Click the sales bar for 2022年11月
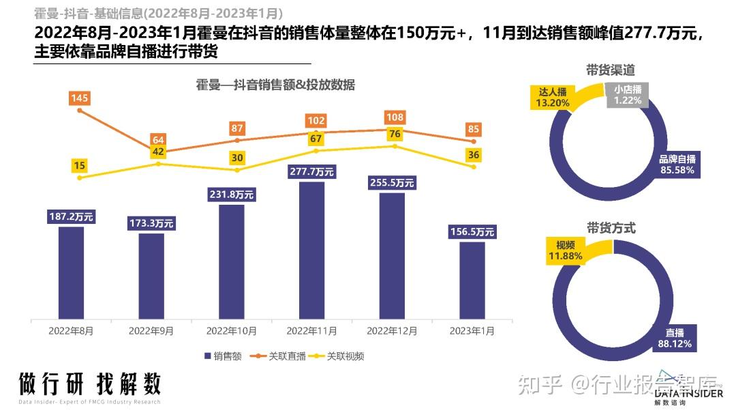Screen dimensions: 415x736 311,250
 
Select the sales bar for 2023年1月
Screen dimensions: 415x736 472,280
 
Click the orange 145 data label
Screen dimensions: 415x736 80,99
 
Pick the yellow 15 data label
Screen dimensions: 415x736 80,166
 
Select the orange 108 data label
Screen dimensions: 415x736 395,117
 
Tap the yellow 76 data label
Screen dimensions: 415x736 395,134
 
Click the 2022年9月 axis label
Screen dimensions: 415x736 151,331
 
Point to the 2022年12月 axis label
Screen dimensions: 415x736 392,331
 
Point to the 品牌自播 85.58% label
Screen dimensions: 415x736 677,164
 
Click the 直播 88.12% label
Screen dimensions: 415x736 675,339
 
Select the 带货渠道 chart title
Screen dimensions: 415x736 611,70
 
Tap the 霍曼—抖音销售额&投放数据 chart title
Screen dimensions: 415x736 275,85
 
